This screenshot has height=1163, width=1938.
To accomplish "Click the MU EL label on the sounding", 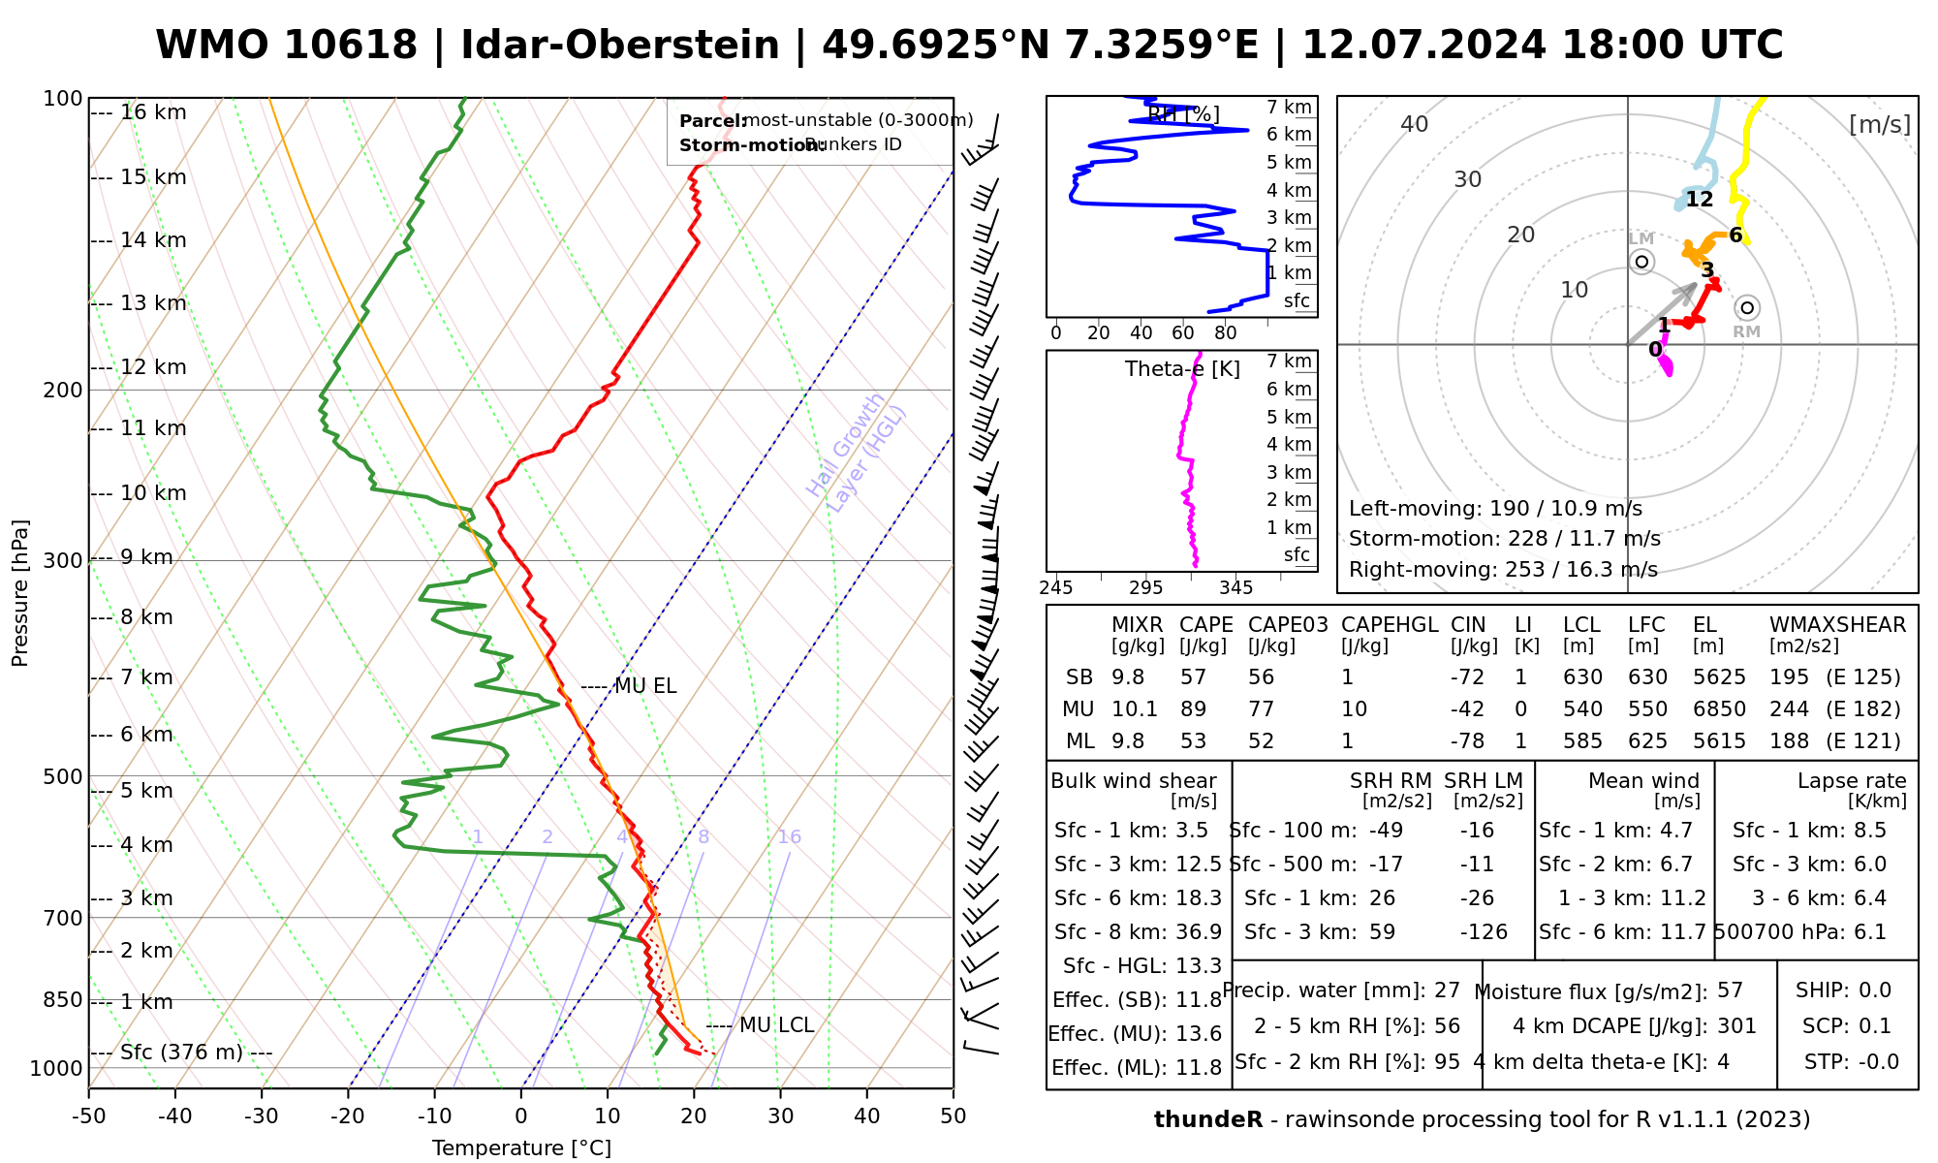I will point(645,686).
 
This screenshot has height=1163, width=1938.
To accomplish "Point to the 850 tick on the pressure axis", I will point(64,999).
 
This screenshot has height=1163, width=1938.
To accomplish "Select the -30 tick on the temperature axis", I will point(262,1116).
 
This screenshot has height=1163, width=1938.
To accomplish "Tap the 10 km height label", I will point(153,493).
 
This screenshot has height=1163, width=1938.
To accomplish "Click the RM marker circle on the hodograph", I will point(1746,308).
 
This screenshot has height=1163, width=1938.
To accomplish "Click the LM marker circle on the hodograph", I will point(1641,262).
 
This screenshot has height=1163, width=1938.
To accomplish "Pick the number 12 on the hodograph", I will point(1700,200).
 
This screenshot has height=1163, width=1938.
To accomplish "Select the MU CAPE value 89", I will point(1193,709).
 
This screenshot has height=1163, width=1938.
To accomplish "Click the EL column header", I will point(1704,625).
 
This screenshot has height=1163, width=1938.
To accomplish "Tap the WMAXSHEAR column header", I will point(1837,625).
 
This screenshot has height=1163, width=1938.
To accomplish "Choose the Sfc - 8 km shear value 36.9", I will point(1199,932).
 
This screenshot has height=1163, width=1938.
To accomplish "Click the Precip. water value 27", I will point(1447,990).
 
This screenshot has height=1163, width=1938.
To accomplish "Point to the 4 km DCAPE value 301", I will point(1736,1026).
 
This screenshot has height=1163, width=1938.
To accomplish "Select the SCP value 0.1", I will point(1874,1026).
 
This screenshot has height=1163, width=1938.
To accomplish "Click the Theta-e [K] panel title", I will point(1182,369).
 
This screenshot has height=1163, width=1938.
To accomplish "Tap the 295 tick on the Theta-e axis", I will point(1145,588).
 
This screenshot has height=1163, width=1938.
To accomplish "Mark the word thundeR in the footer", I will point(1208,1120).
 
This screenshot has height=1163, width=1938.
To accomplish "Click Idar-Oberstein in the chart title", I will point(620,46).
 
